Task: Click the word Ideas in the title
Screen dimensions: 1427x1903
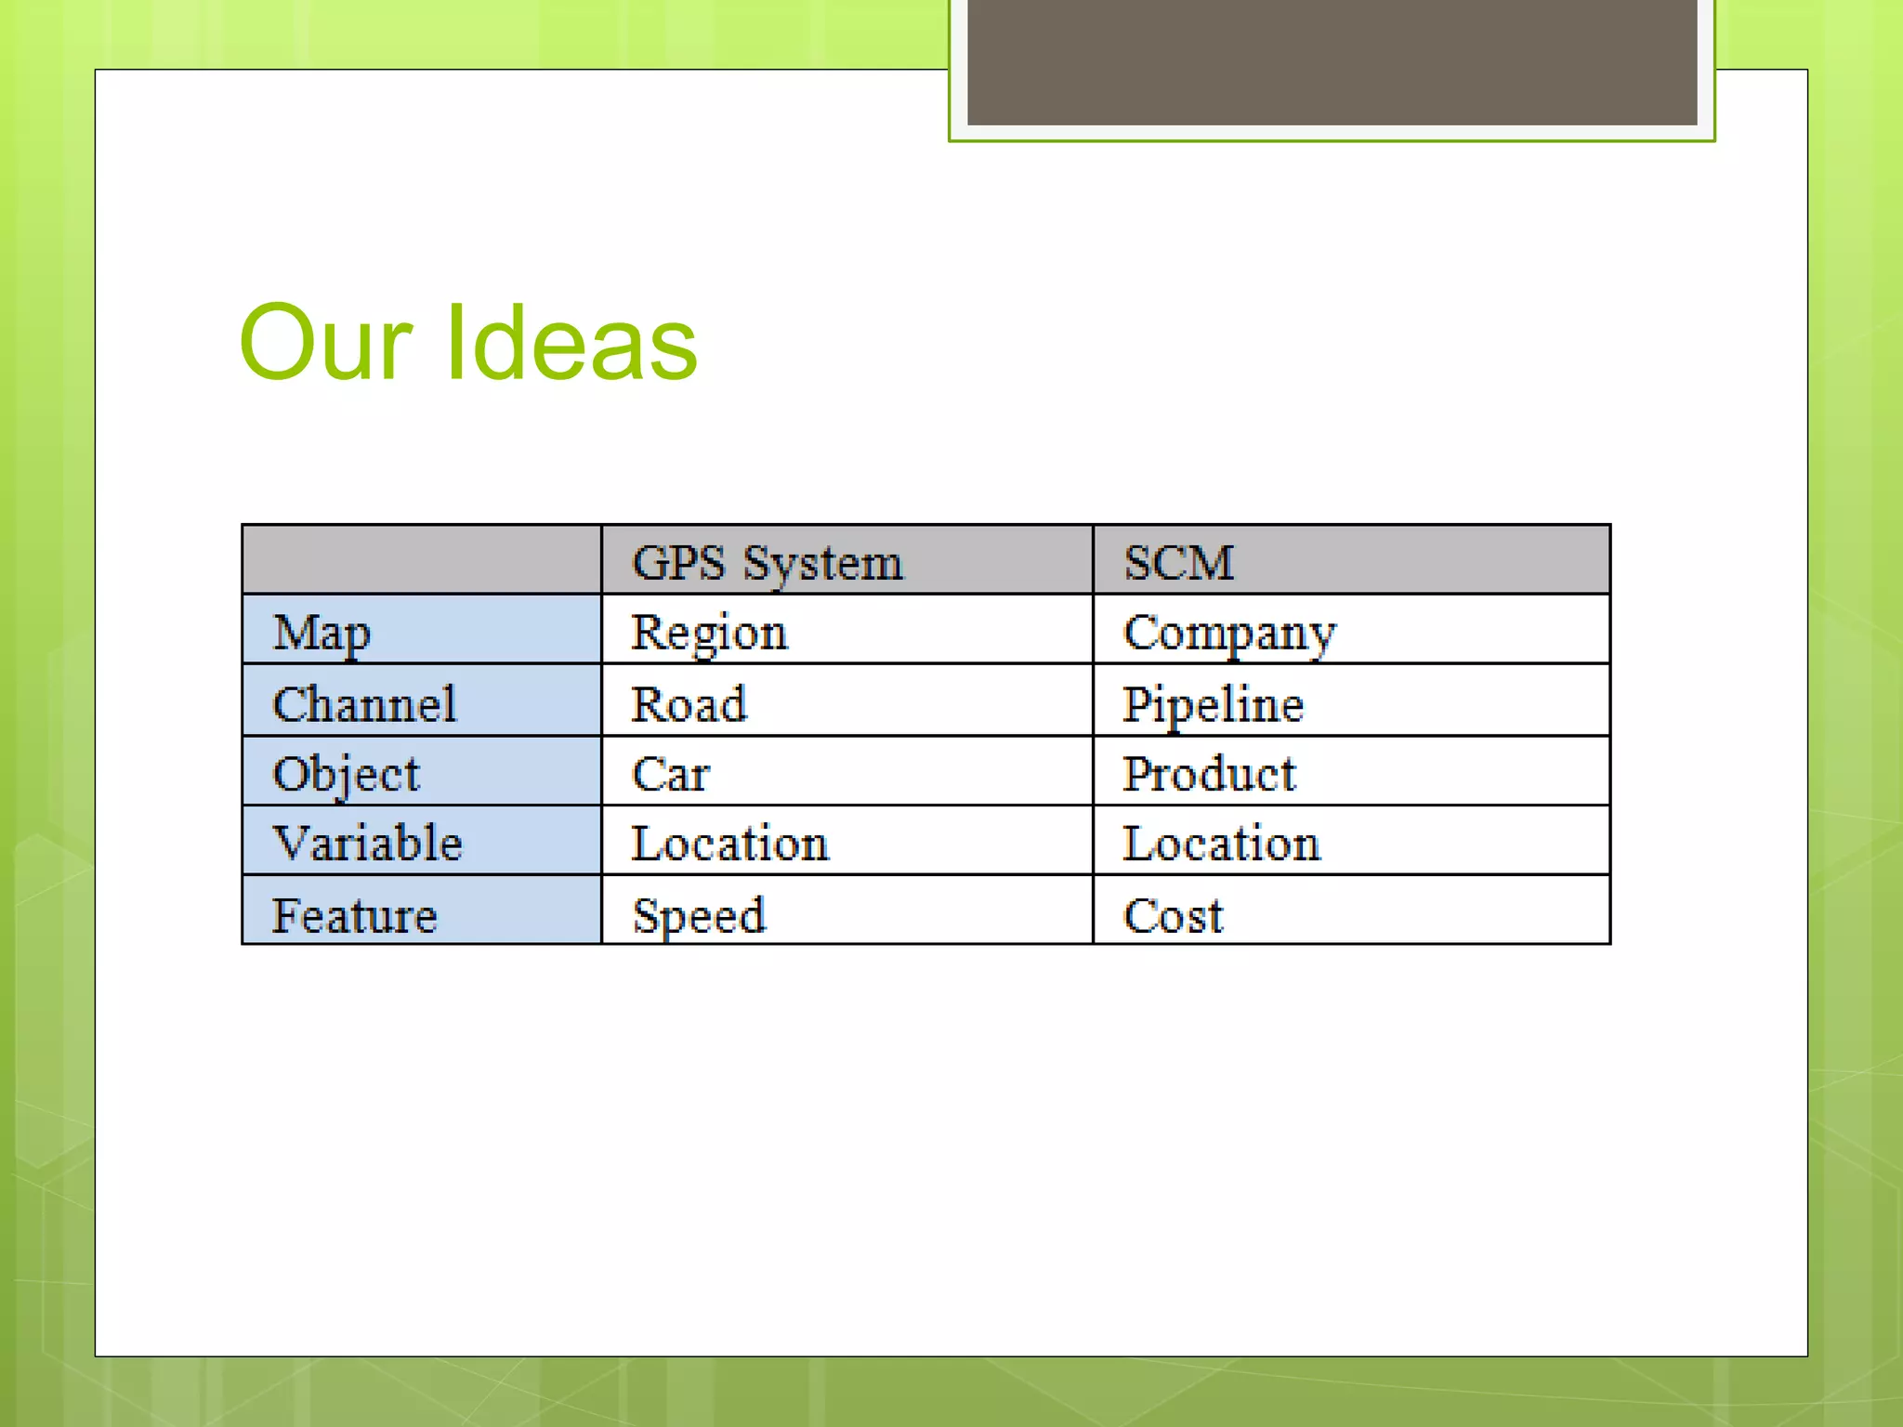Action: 571,344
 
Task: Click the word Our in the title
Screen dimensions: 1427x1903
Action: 324,344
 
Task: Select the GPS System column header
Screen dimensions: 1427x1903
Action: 767,562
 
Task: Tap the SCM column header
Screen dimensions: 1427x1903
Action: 1178,562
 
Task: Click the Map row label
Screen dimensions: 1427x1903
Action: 322,633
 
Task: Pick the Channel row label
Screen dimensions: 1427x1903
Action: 364,703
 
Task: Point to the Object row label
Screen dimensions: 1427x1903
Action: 346,774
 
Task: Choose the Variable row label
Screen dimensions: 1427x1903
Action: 367,844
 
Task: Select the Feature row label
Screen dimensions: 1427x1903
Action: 354,915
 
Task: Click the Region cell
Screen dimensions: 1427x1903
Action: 709,633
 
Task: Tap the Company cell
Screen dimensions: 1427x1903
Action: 1228,633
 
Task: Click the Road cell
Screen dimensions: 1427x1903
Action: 689,703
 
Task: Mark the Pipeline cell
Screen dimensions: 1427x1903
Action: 1213,703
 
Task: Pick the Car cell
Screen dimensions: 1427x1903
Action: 670,774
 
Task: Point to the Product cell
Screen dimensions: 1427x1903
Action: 1208,774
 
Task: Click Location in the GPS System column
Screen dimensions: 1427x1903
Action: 729,844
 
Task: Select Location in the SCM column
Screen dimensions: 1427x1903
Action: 1221,844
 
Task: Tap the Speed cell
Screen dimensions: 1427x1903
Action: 699,915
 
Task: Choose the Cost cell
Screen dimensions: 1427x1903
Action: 1173,915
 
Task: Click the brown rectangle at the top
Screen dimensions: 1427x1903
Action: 1332,61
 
